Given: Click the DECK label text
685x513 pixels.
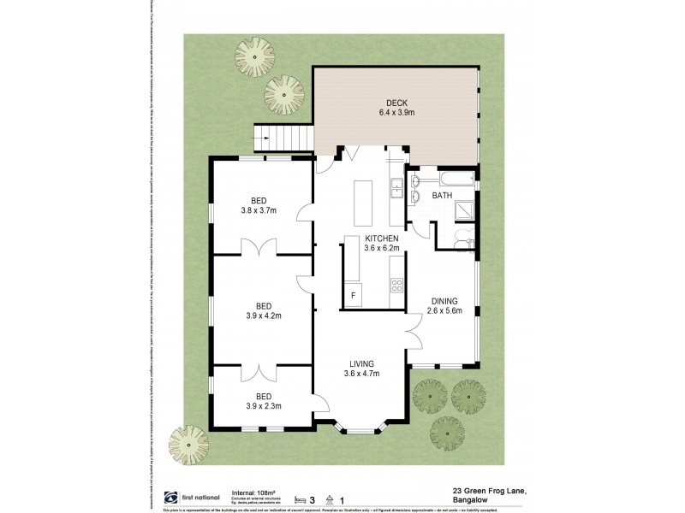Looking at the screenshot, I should (395, 103).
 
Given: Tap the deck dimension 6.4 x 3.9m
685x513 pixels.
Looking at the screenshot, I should (395, 112).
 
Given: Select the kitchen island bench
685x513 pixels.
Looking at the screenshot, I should (362, 200).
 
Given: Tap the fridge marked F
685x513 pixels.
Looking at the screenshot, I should (353, 296).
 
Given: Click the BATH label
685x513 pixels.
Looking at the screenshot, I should (442, 196).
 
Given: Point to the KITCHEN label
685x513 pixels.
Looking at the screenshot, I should (381, 239).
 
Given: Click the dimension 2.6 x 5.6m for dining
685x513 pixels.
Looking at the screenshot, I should (445, 310).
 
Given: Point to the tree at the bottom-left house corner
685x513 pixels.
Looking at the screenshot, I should (188, 445).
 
